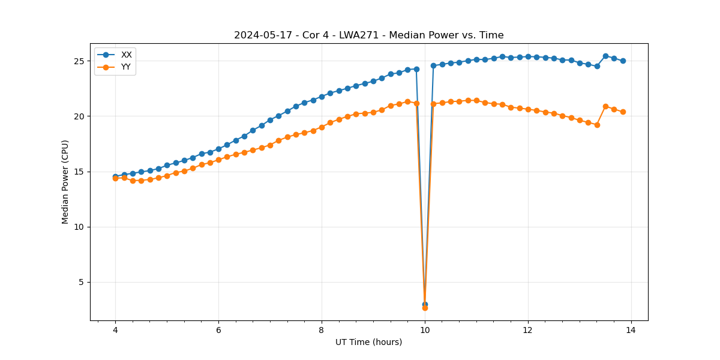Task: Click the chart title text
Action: (x=369, y=35)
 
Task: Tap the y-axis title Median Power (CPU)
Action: (x=65, y=182)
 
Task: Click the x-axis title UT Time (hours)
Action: (x=369, y=342)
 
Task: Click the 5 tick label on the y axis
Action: (x=84, y=283)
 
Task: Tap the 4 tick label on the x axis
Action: (x=115, y=330)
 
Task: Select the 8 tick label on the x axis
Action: (x=322, y=330)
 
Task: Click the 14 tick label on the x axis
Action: (x=631, y=330)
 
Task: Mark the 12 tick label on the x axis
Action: (x=528, y=330)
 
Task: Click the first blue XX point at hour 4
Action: (x=115, y=176)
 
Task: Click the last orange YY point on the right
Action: (x=623, y=112)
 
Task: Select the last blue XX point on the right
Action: (x=623, y=61)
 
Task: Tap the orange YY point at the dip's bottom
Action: (x=425, y=308)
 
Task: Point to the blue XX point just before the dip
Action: (x=416, y=69)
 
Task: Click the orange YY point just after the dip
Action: (x=433, y=104)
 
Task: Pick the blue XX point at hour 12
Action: (x=528, y=56)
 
